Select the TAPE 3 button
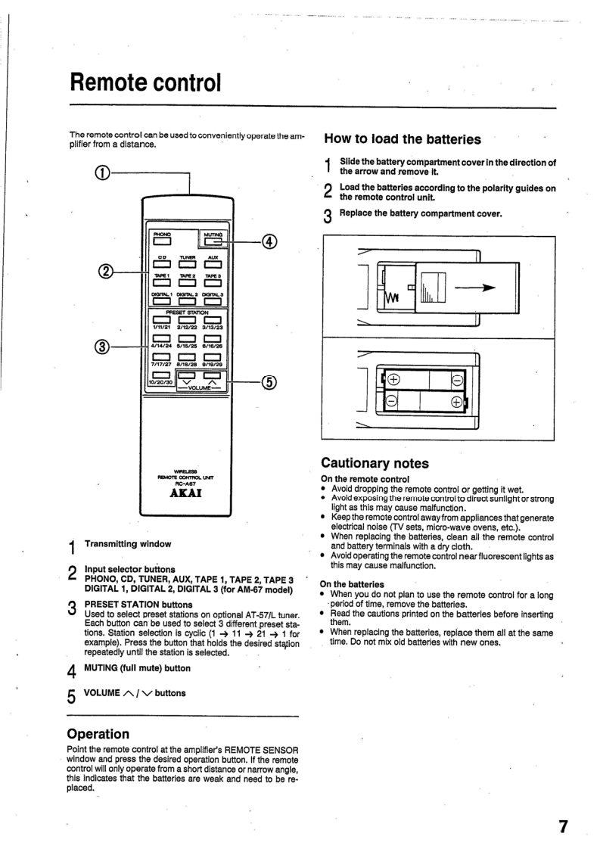(211, 287)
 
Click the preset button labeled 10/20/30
(160, 375)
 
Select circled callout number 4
(268, 242)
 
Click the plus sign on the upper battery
(395, 380)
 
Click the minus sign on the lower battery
(393, 402)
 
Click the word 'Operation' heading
(98, 733)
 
